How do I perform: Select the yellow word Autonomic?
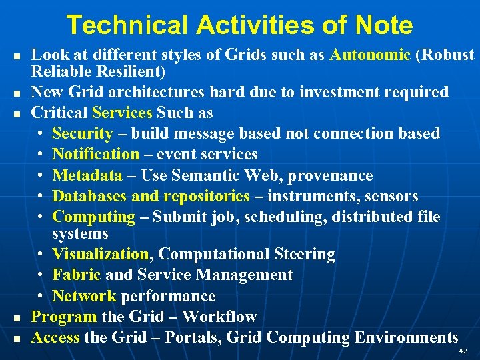(370, 55)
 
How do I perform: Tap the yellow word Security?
(82, 133)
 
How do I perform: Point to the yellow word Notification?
(95, 154)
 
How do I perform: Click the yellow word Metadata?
(87, 175)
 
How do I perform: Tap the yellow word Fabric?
(76, 275)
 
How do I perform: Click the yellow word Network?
(83, 296)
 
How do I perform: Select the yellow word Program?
(64, 317)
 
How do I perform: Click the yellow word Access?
(55, 337)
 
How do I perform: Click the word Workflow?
(219, 317)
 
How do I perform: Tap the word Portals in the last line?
(190, 337)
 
